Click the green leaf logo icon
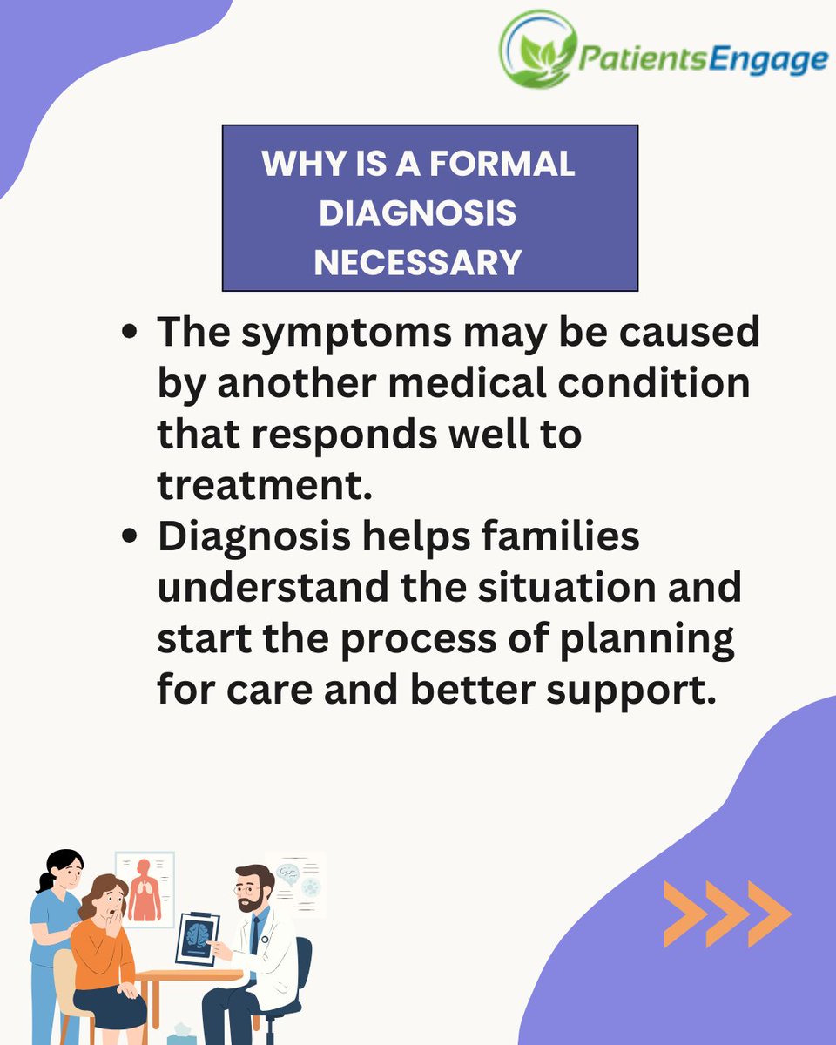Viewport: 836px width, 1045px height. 538,51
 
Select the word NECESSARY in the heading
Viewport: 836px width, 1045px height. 418,261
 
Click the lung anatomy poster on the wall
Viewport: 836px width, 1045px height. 145,889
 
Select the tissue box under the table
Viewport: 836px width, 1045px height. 182,1033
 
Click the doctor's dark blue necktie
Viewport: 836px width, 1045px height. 253,935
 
